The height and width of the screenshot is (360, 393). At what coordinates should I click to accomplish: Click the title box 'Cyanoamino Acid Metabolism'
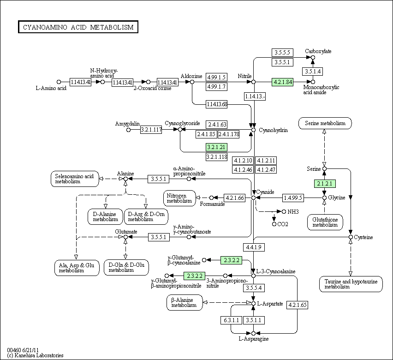click(x=78, y=27)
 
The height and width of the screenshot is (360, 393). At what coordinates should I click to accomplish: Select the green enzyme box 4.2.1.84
click(x=283, y=82)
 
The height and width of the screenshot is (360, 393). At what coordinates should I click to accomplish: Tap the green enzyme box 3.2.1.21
click(x=217, y=147)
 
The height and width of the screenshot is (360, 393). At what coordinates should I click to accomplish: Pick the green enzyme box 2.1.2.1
click(x=324, y=183)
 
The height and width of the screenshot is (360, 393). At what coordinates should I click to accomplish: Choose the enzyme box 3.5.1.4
click(x=312, y=71)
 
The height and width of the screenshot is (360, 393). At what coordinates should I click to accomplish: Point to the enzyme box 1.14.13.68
click(x=217, y=104)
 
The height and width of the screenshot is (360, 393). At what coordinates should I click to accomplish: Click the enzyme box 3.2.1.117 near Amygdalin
click(x=151, y=130)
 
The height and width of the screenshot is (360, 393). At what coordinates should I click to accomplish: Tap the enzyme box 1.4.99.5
click(x=293, y=198)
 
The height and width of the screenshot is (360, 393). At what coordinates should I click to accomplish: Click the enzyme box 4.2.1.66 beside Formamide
click(x=235, y=198)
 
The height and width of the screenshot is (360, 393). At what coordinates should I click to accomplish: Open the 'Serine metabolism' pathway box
click(x=325, y=123)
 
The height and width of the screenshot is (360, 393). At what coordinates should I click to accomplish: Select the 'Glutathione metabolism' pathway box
click(x=325, y=222)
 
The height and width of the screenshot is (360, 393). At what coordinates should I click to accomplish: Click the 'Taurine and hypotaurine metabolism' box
click(x=351, y=284)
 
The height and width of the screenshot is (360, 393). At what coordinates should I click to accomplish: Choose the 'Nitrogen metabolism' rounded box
click(x=179, y=198)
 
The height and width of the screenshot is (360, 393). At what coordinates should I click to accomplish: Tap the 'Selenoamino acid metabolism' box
click(x=74, y=179)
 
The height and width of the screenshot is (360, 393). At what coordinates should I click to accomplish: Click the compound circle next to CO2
click(x=274, y=224)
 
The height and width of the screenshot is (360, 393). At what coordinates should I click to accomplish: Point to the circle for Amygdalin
click(x=129, y=130)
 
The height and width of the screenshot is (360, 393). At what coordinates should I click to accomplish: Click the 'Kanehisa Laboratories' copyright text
click(x=35, y=355)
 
